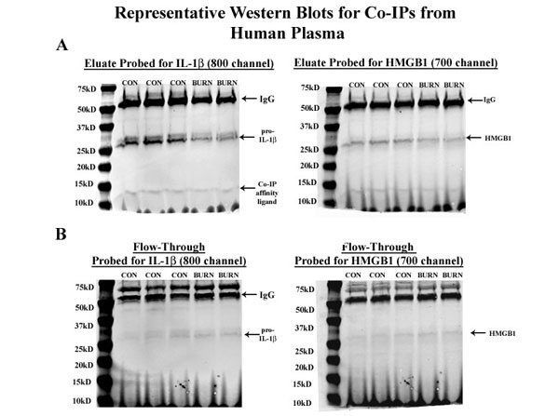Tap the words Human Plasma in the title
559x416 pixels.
click(x=279, y=34)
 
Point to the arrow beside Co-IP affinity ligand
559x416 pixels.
click(x=247, y=188)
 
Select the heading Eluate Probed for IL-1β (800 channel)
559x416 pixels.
click(x=177, y=63)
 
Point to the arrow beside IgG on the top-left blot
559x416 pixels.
click(x=248, y=97)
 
